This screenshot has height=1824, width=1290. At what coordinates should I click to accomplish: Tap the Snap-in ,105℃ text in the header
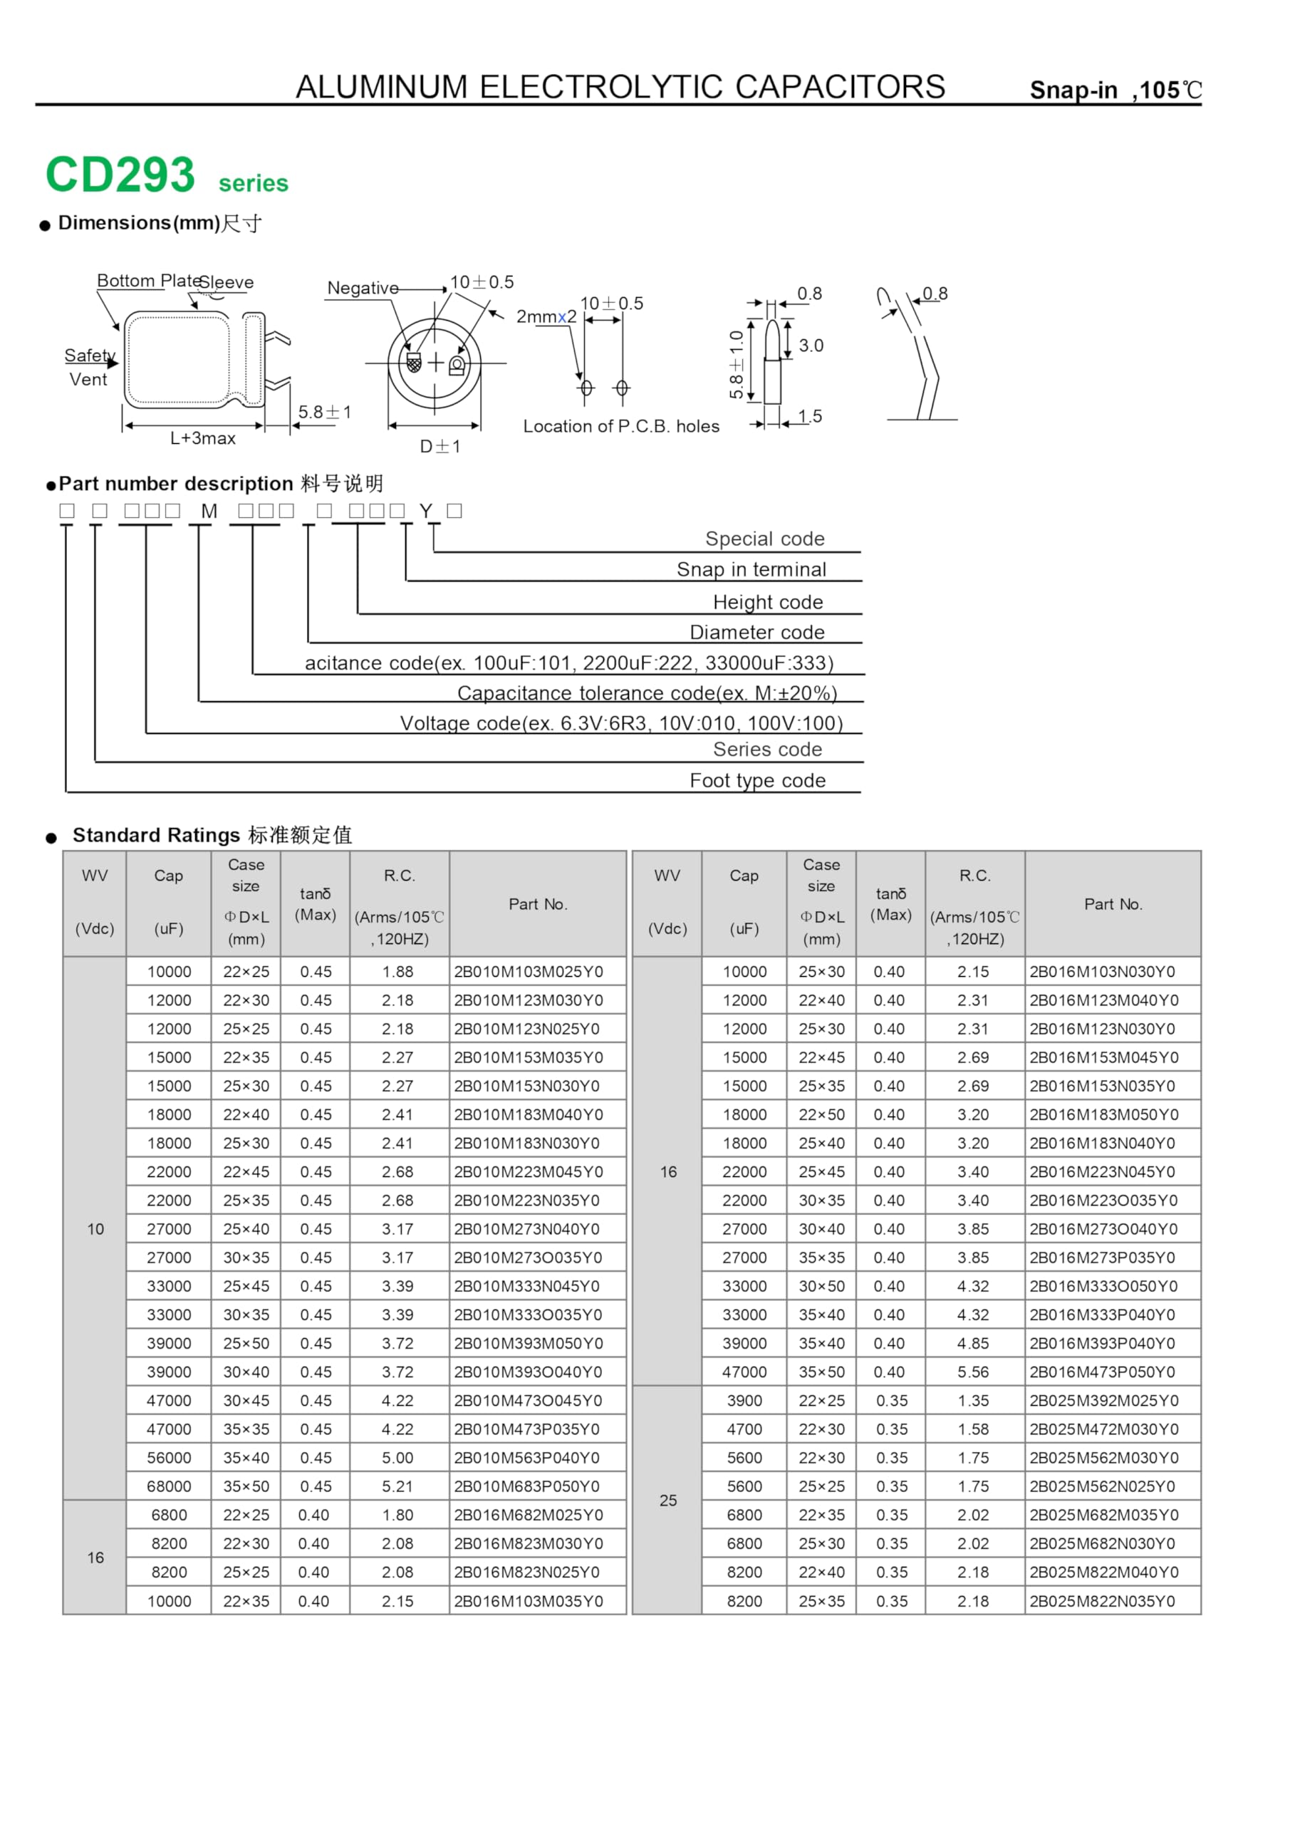1115,90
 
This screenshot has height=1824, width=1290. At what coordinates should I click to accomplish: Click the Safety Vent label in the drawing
89,367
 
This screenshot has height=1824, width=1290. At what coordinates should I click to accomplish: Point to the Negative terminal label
363,289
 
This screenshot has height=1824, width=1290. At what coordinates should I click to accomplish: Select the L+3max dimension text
202,438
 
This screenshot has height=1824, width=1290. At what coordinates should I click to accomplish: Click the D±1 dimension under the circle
440,447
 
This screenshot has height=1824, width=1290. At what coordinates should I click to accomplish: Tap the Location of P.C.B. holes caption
620,427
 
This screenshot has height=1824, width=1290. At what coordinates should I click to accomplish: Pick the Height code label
767,602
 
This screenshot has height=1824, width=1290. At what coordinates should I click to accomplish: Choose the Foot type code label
757,780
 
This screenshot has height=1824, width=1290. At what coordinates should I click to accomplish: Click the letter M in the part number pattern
209,512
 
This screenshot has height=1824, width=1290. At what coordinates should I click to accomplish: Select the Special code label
764,539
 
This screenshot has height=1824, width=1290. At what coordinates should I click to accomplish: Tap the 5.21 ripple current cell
397,1486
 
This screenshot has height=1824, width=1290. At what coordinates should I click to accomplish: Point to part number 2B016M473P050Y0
1103,1372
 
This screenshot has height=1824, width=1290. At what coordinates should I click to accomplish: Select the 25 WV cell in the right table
668,1500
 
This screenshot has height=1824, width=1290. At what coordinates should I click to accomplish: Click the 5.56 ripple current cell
973,1372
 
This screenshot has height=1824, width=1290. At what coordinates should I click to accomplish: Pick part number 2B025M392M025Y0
1103,1401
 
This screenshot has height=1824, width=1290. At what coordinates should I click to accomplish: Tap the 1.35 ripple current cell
973,1401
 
